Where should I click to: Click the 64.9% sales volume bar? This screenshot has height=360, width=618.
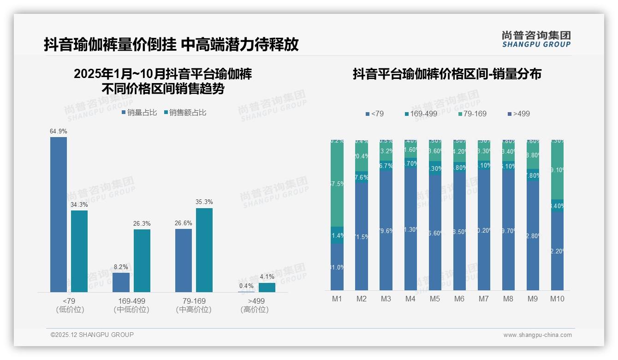[59, 215]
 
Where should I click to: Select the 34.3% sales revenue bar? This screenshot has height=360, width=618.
[79, 251]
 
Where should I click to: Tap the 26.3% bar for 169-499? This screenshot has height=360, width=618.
[142, 261]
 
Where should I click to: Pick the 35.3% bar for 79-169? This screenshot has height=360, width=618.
[204, 250]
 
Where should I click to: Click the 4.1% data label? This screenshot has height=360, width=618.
[267, 277]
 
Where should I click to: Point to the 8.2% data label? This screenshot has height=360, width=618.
[121, 267]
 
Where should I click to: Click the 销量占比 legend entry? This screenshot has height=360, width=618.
[139, 113]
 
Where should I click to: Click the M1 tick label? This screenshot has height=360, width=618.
[337, 299]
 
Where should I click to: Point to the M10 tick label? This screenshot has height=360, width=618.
[557, 299]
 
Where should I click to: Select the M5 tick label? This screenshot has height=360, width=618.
[435, 299]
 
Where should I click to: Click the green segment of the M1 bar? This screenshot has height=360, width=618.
[337, 183]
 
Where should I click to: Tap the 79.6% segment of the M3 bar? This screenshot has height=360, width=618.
[386, 231]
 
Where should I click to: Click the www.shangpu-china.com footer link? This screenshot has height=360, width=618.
[537, 335]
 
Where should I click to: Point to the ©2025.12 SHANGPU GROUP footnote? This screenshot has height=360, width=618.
[92, 335]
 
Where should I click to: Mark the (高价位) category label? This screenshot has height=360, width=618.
[254, 310]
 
